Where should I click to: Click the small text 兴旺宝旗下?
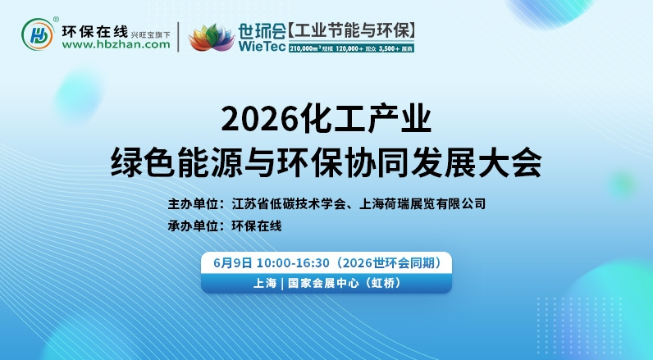coord(153,34)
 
